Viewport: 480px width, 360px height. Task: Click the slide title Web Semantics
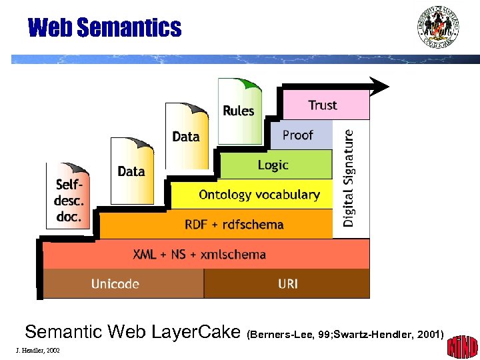click(104, 28)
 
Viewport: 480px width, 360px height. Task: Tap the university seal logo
click(438, 27)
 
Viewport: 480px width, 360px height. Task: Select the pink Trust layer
click(325, 105)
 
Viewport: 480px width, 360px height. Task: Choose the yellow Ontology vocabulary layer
click(259, 195)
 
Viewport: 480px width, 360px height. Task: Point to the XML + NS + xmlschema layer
click(200, 254)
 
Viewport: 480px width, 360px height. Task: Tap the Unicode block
click(116, 284)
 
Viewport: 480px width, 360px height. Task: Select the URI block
click(287, 284)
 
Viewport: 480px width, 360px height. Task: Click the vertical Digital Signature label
click(350, 177)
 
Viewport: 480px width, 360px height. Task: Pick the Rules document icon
click(239, 111)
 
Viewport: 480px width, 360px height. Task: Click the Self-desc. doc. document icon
click(68, 196)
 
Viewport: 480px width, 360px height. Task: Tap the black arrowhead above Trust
click(379, 86)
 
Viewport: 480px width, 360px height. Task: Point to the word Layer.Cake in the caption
click(201, 331)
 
